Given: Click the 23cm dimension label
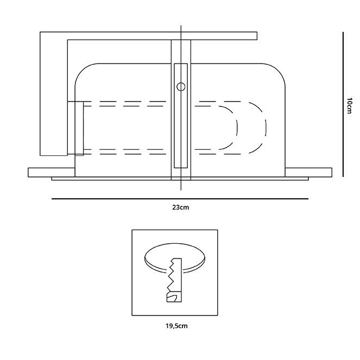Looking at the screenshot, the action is (180, 207).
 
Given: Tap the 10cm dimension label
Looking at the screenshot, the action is (349, 106).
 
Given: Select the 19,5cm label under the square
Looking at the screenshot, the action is (176, 326).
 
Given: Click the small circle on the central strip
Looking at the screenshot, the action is (181, 87).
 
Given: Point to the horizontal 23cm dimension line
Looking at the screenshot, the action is (180, 199).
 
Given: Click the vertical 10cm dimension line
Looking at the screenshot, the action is (343, 104).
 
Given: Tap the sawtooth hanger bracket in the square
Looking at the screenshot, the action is (174, 280).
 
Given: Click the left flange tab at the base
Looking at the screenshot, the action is (52, 173).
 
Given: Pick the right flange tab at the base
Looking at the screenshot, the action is (308, 173).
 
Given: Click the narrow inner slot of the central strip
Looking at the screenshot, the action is (181, 116).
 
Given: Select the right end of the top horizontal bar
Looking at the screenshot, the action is (257, 36).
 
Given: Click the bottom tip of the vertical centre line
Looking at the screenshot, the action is (181, 190).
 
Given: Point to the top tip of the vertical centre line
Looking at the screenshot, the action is (181, 26).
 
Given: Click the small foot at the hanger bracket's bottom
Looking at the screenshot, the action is (174, 297).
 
